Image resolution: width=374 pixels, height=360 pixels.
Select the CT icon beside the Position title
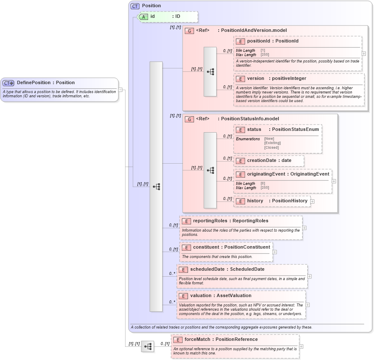pyautogui.click(x=135, y=6)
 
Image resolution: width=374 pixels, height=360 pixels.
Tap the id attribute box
pyautogui.click(x=168, y=17)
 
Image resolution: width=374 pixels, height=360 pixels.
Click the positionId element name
pyautogui.click(x=272, y=41)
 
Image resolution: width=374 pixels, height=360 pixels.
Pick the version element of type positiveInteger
pyautogui.click(x=276, y=79)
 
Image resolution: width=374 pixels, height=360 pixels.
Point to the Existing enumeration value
pyautogui.click(x=272, y=143)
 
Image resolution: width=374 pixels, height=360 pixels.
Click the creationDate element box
pyautogui.click(x=269, y=161)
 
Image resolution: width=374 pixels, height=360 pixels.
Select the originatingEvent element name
pyautogui.click(x=288, y=174)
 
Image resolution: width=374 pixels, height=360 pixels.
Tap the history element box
pyautogui.click(x=272, y=201)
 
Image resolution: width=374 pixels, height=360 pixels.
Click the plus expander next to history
pyautogui.click(x=312, y=201)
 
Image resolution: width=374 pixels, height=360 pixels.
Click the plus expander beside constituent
pyautogui.click(x=274, y=252)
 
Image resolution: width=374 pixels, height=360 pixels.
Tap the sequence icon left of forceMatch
pyautogui.click(x=147, y=346)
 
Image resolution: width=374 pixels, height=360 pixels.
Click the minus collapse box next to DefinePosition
pyautogui.click(x=120, y=90)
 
